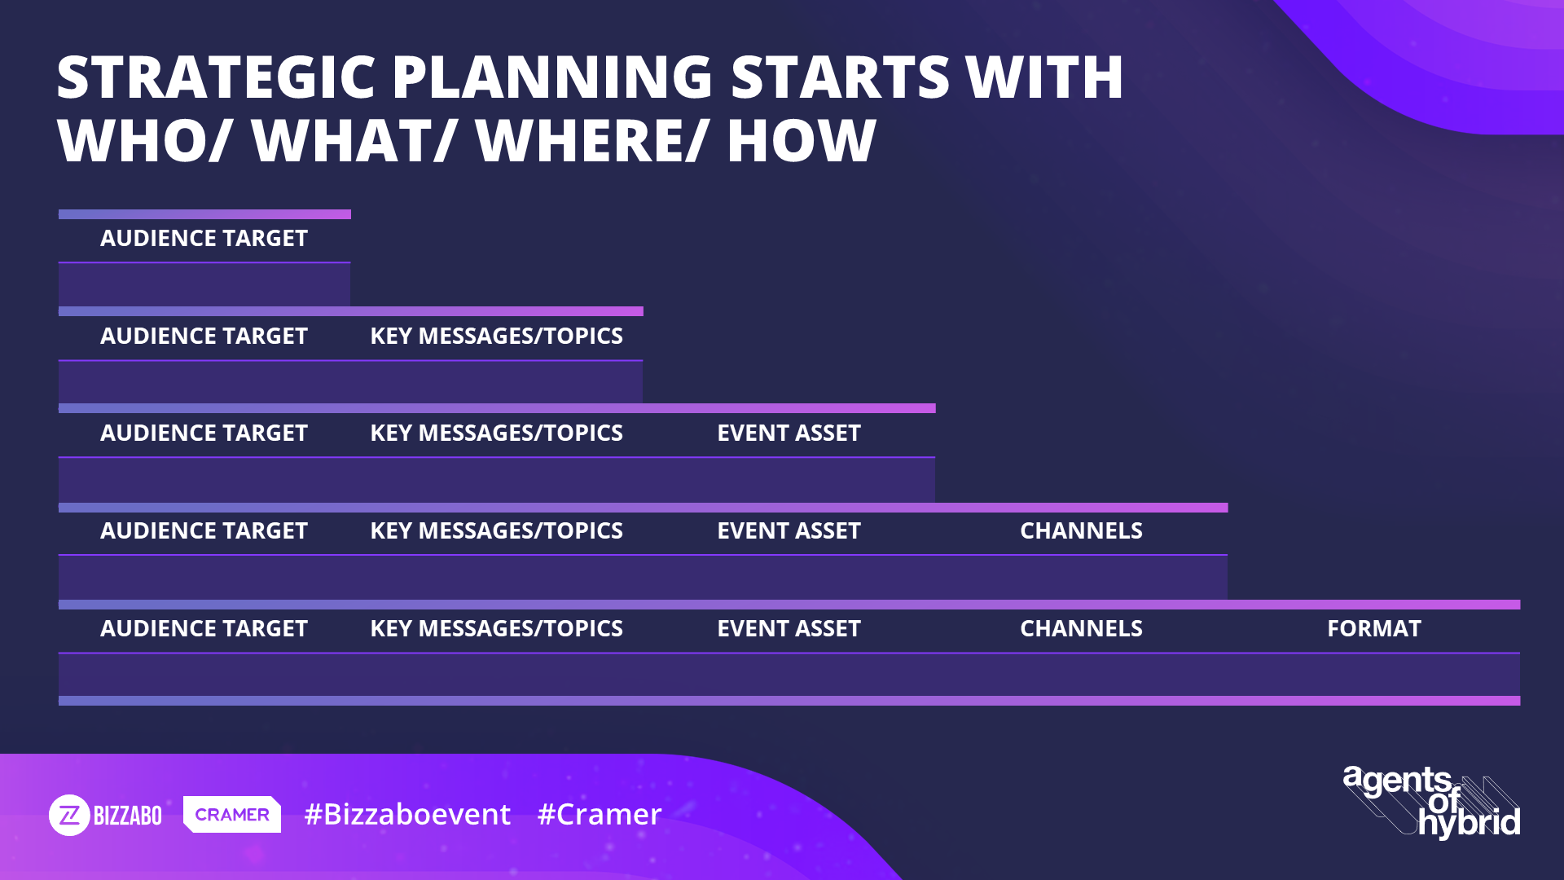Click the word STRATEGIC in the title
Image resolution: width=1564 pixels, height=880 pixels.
[x=216, y=77]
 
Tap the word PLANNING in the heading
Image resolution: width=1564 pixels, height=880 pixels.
[x=553, y=77]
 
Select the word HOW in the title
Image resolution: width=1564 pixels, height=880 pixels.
[x=802, y=141]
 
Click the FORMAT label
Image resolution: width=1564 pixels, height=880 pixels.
[x=1374, y=628]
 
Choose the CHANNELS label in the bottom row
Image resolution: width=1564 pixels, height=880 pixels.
[x=1081, y=628]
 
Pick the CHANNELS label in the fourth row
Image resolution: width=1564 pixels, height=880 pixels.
[x=1081, y=530]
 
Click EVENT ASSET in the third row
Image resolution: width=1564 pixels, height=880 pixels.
[x=789, y=433]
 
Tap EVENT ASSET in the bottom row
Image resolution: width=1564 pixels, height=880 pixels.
[x=789, y=628]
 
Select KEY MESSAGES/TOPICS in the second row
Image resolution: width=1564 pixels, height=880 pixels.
[x=496, y=336]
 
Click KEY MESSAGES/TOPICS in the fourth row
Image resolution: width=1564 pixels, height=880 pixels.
[x=496, y=530]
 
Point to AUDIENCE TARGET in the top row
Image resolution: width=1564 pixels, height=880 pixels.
[x=204, y=238]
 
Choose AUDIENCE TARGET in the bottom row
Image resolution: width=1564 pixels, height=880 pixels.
[x=204, y=628]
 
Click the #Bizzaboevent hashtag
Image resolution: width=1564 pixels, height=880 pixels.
[x=407, y=814]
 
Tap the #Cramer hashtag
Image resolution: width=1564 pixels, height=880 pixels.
[x=600, y=814]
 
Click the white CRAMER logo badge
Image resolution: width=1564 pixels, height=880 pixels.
[x=232, y=814]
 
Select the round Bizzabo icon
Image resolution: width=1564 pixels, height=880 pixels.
[x=69, y=815]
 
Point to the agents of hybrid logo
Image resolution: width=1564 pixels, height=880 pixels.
[x=1431, y=802]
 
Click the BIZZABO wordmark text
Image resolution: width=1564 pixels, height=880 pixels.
[x=128, y=816]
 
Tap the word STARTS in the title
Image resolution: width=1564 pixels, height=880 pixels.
[x=840, y=77]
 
